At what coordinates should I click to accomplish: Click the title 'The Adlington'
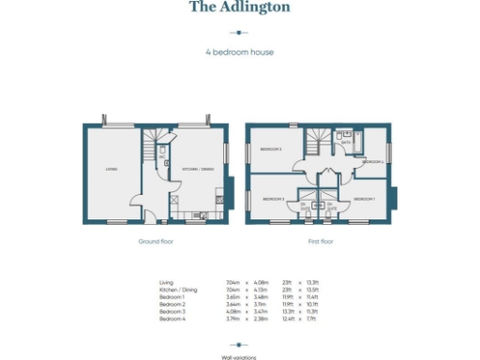pos(239,7)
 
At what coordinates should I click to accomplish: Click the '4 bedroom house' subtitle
pos(239,52)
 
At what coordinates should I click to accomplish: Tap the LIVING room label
pos(111,169)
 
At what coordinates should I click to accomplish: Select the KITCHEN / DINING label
pos(197,168)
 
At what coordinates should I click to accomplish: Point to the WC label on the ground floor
pos(160,157)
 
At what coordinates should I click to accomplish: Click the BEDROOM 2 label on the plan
pos(271,149)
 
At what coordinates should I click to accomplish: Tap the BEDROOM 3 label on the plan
pos(273,199)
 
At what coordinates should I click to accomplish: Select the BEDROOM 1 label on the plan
pos(364,199)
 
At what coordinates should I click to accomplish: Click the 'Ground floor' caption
pos(155,241)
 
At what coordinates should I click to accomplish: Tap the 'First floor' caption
pos(321,241)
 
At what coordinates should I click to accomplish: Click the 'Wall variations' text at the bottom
pos(239,356)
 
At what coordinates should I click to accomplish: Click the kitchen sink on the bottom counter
pos(202,217)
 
